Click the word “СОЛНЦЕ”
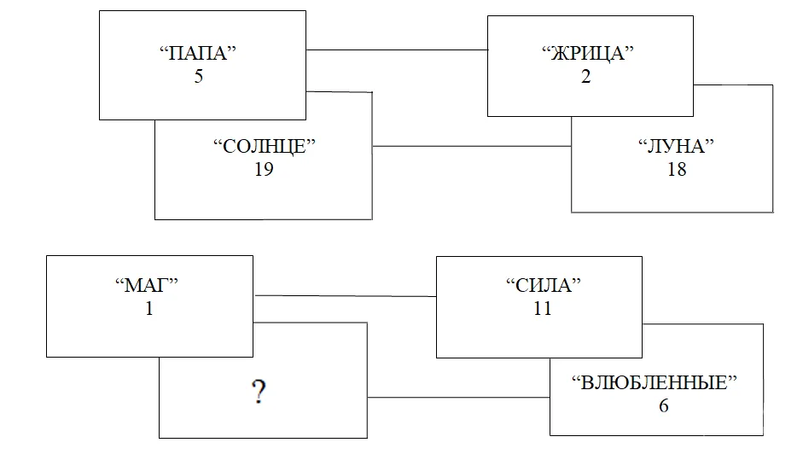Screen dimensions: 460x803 point(265,145)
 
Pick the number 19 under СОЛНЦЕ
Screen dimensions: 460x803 point(264,168)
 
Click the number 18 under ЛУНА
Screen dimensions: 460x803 point(677,169)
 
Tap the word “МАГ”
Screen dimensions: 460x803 point(149,286)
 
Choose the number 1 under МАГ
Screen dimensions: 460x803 point(149,308)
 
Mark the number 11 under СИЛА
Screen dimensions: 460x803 point(541,308)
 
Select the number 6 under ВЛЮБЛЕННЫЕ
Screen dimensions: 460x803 point(664,405)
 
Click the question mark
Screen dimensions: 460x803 point(256,393)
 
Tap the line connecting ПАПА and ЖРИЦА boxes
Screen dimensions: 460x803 point(397,49)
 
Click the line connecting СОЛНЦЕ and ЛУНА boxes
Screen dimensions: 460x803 point(472,146)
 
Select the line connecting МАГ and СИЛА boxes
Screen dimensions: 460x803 point(346,296)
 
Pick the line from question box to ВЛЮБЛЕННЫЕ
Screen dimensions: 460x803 point(458,397)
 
